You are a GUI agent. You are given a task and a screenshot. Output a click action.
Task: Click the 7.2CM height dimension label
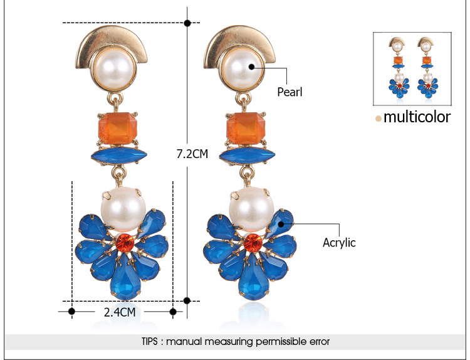pyautogui.click(x=192, y=154)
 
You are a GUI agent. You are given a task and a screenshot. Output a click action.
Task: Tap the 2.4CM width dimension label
pyautogui.click(x=120, y=312)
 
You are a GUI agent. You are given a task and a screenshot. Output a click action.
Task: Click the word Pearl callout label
pyautogui.click(x=290, y=92)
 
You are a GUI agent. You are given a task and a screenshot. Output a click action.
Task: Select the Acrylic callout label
pyautogui.click(x=339, y=242)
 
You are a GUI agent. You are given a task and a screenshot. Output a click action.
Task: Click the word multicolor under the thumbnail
pyautogui.click(x=417, y=117)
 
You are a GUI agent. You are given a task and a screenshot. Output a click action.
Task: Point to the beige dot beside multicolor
pyautogui.click(x=379, y=119)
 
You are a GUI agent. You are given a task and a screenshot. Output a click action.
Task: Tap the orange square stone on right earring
pyautogui.click(x=246, y=128)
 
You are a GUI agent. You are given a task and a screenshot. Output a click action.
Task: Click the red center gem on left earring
pyautogui.click(x=125, y=243)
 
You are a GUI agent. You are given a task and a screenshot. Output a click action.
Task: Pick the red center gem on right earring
pyautogui.click(x=253, y=243)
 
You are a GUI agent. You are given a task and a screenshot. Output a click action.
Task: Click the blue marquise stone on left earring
pyautogui.click(x=119, y=155)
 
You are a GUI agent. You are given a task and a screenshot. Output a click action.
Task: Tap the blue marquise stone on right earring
pyautogui.click(x=248, y=156)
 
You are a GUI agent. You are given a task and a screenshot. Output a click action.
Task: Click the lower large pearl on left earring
pyautogui.click(x=123, y=209)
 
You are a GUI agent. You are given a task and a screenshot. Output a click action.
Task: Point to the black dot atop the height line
pyautogui.click(x=187, y=23)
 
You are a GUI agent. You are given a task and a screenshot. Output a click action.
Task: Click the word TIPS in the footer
pyautogui.click(x=150, y=341)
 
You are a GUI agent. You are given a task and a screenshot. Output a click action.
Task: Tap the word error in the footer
pyautogui.click(x=320, y=342)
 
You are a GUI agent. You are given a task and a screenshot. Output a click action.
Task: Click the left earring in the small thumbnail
pyautogui.click(x=399, y=68)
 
